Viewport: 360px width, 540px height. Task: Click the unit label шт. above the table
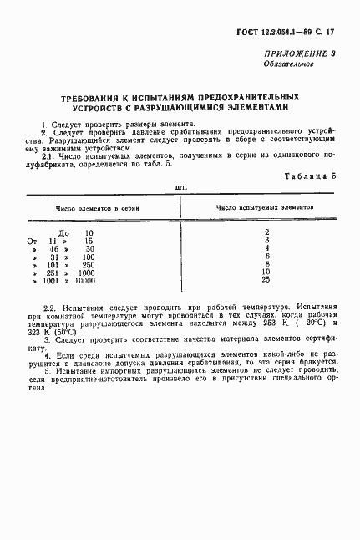180,186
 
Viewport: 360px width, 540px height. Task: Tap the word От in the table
33,241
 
